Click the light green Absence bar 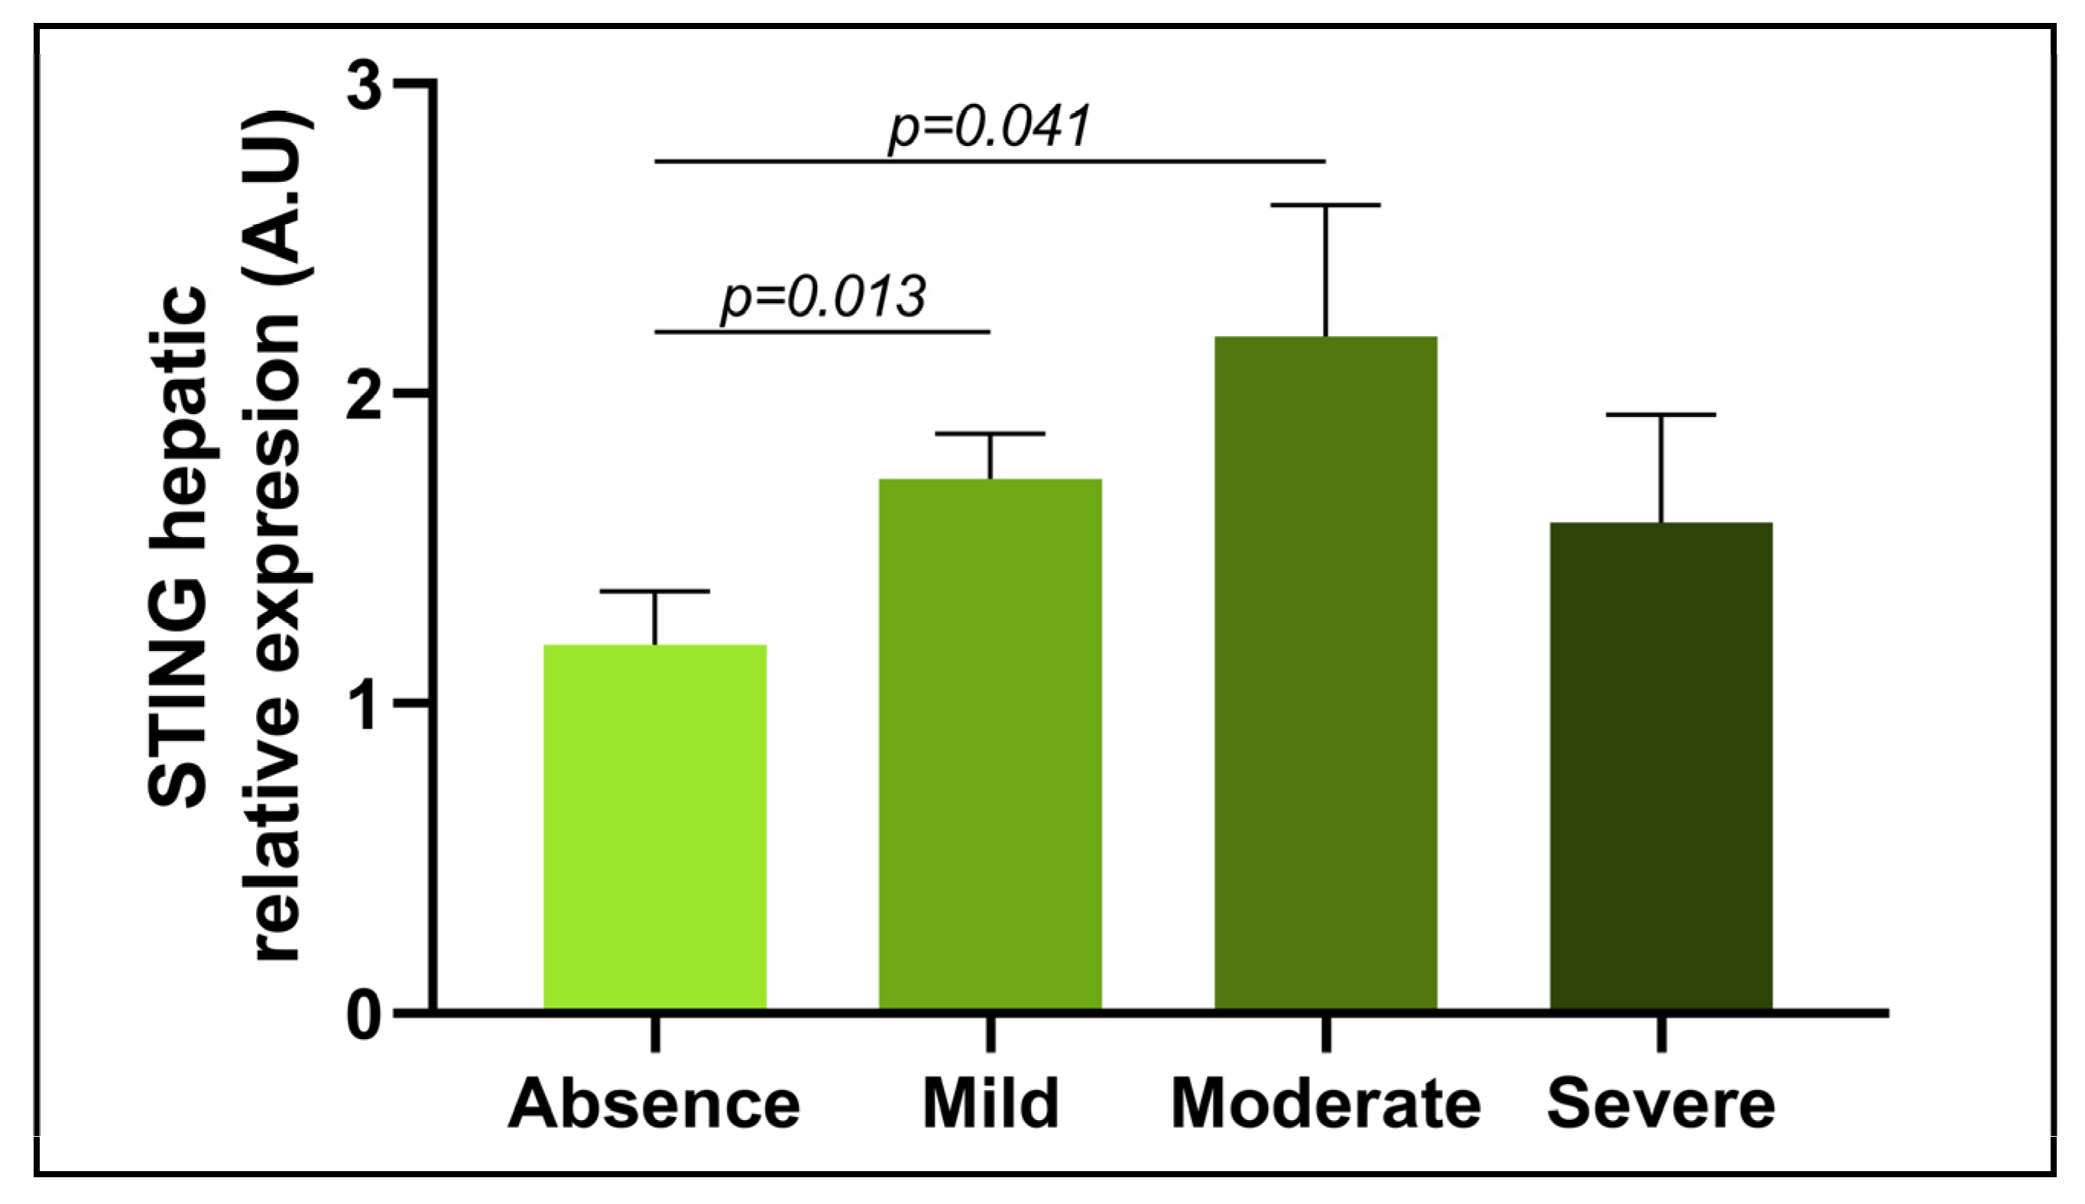point(654,827)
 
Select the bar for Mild point(989,744)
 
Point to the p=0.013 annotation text point(823,298)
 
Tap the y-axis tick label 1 point(365,704)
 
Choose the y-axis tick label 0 point(365,1016)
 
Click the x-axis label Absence point(654,1105)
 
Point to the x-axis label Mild point(990,1105)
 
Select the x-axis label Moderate point(1326,1105)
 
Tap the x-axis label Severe point(1661,1105)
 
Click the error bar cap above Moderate point(1325,204)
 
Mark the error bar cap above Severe point(1661,414)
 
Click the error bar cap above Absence point(654,591)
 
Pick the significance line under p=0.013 point(822,332)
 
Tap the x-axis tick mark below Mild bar point(990,1034)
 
